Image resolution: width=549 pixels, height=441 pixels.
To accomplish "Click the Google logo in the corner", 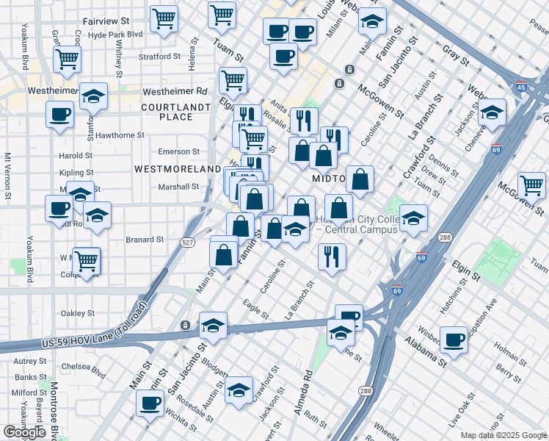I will click(x=24, y=432).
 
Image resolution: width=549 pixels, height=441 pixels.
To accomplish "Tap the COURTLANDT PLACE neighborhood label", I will click(x=167, y=112).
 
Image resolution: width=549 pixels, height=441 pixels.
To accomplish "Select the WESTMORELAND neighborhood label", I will click(x=178, y=169).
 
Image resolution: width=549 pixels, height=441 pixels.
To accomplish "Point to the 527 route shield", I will click(x=189, y=243).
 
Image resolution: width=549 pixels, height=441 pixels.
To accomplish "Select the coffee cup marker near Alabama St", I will click(x=454, y=340).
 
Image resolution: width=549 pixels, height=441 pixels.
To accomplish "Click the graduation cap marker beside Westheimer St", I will click(x=92, y=98).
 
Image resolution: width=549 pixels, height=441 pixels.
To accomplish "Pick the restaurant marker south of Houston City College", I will click(x=332, y=257).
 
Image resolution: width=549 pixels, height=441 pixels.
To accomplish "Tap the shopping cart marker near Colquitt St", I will click(x=86, y=261).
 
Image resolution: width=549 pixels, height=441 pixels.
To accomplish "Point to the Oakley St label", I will click(x=78, y=313).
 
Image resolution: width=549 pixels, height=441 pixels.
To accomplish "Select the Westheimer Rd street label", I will click(x=175, y=92).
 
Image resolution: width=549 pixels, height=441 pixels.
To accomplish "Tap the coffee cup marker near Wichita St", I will click(x=150, y=402).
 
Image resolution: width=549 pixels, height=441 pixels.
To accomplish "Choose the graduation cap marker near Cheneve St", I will click(x=492, y=112).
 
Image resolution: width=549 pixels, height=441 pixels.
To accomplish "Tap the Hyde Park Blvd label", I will click(x=115, y=35).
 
